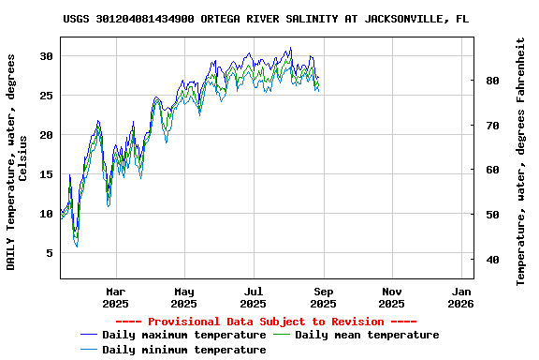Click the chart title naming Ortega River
267,19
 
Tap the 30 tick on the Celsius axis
45,56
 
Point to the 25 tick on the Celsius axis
45,96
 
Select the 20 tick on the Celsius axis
45,135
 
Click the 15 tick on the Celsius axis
45,174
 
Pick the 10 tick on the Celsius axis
45,214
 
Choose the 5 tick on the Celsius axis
48,253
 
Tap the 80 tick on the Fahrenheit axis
492,81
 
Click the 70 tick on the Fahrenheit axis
492,125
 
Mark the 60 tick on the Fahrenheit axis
492,170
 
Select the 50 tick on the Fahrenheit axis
492,215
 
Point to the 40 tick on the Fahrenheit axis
492,259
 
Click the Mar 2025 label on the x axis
115,297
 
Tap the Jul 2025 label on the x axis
254,297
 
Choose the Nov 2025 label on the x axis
392,297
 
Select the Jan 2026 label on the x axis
460,297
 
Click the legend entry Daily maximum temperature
183,335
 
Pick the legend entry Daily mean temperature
367,335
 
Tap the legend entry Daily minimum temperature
183,350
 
